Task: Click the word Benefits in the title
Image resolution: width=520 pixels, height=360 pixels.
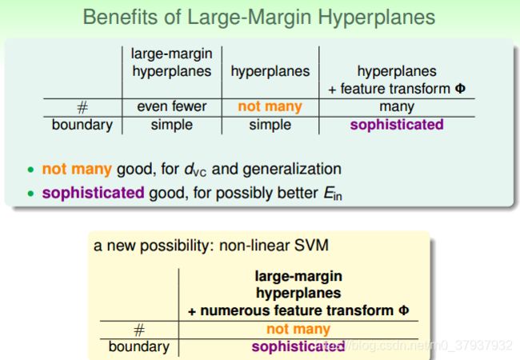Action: pyautogui.click(x=121, y=17)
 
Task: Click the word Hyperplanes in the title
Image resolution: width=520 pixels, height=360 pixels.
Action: pyautogui.click(x=377, y=18)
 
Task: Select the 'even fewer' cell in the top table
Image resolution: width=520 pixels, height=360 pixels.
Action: pyautogui.click(x=172, y=106)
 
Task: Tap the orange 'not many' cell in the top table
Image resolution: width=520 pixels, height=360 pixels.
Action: pyautogui.click(x=270, y=106)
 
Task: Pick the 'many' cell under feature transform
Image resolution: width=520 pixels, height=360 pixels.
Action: pyautogui.click(x=397, y=107)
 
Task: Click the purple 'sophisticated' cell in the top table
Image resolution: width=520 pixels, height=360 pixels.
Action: pyautogui.click(x=397, y=125)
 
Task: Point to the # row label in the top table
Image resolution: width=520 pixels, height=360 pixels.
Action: pyautogui.click(x=82, y=107)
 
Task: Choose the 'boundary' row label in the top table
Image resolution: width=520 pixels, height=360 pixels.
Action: pyautogui.click(x=82, y=126)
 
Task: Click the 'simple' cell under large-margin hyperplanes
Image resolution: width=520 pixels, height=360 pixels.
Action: pyautogui.click(x=172, y=126)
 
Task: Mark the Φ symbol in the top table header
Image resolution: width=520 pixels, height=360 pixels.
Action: pyautogui.click(x=460, y=89)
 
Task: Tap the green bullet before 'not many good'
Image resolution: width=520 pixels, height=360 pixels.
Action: pyautogui.click(x=31, y=170)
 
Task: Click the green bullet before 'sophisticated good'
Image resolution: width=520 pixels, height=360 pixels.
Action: pyautogui.click(x=31, y=194)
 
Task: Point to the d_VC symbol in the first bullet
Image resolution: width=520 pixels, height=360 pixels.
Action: pyautogui.click(x=195, y=170)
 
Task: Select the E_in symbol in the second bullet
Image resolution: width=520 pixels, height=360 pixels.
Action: pyautogui.click(x=333, y=194)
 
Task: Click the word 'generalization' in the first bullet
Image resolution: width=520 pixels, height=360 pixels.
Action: pyautogui.click(x=292, y=170)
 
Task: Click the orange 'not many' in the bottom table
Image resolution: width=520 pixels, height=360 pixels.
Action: pyautogui.click(x=298, y=329)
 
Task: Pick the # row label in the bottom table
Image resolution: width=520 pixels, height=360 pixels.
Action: pyautogui.click(x=139, y=330)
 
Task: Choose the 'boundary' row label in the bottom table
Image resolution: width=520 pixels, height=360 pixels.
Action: pyautogui.click(x=139, y=347)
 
